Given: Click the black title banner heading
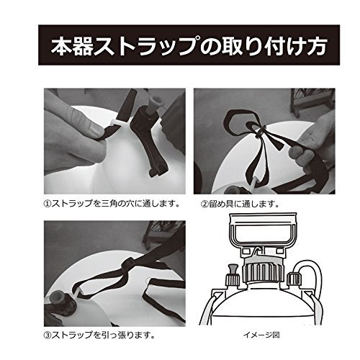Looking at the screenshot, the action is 189,45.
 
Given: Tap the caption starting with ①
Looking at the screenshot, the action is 112,204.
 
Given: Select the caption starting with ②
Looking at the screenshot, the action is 240,204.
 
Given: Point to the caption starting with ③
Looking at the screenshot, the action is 99,335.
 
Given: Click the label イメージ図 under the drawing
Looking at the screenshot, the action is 261,335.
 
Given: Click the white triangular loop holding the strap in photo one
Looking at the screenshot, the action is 118,122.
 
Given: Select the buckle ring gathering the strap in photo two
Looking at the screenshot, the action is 260,132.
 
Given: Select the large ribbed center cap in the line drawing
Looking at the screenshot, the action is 263,272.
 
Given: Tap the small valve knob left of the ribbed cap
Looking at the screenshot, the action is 233,276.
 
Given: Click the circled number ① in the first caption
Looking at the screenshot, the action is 48,204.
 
